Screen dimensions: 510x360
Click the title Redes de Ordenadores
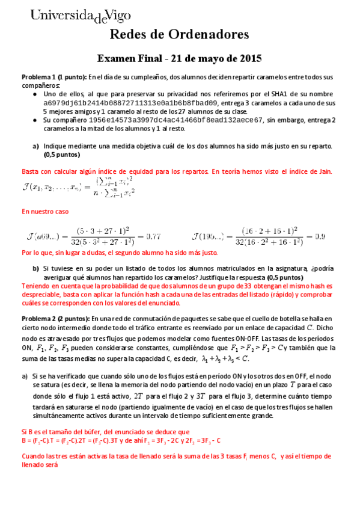[x=180, y=35]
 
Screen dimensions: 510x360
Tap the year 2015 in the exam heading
[x=248, y=59]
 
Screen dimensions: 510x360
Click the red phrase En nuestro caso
[x=46, y=212]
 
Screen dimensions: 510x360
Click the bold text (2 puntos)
[x=73, y=318]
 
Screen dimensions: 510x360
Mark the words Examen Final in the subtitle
[x=130, y=59]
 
